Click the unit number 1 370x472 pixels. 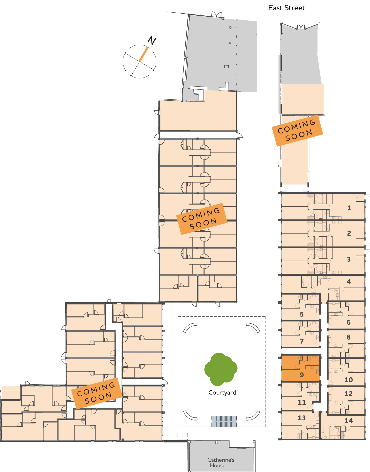(x=349, y=208)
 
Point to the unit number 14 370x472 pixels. (x=349, y=421)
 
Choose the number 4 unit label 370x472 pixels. (x=349, y=281)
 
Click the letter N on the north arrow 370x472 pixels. (x=152, y=41)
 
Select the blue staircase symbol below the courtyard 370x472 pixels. (x=224, y=421)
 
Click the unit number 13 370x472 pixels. (x=302, y=418)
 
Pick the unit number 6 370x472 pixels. (x=349, y=322)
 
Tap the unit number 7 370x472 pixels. (x=302, y=341)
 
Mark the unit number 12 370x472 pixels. (x=349, y=394)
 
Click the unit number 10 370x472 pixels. (x=349, y=380)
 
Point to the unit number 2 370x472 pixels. (x=349, y=233)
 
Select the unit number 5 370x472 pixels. (x=302, y=314)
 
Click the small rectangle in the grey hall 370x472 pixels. (x=226, y=67)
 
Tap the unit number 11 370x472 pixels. (x=302, y=402)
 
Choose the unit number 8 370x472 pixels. (x=349, y=337)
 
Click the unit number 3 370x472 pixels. (x=349, y=259)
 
